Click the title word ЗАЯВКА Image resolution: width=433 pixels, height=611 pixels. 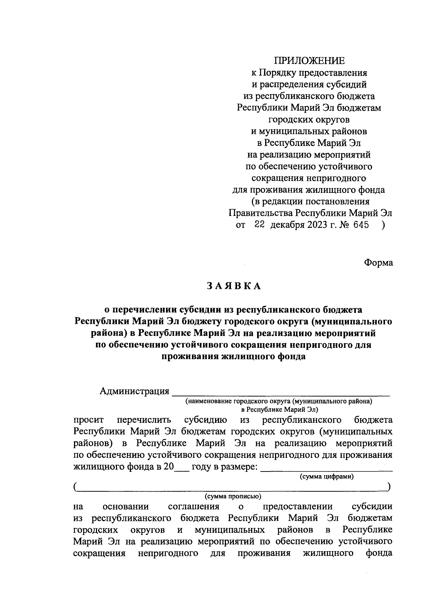[x=233, y=286]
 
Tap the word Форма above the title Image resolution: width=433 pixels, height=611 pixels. [x=378, y=263]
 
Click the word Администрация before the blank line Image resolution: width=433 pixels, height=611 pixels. [x=135, y=391]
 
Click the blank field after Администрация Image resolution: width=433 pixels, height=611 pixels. [x=281, y=392]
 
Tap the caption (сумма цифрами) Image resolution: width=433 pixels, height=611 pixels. [x=327, y=477]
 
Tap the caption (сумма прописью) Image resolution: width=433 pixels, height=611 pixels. [x=233, y=496]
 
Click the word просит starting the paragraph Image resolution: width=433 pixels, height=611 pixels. [x=88, y=420]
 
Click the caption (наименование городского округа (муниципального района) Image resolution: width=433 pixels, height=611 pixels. [x=279, y=401]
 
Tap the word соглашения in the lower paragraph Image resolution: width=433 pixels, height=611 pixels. [x=194, y=506]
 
